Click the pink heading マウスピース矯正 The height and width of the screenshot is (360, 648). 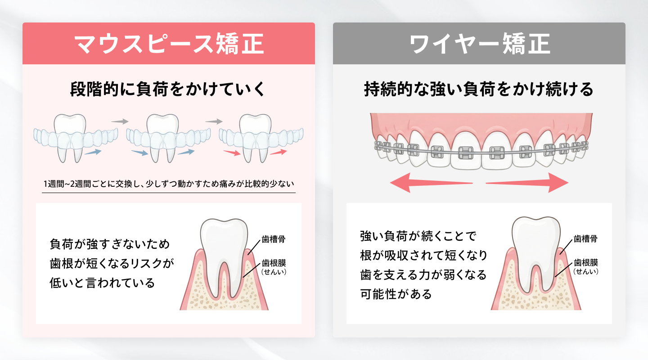click(168, 44)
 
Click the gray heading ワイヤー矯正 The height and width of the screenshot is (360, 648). click(479, 44)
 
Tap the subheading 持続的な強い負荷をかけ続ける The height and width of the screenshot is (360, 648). click(479, 89)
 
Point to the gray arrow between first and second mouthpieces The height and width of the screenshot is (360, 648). click(120, 121)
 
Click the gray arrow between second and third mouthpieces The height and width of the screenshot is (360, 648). click(214, 121)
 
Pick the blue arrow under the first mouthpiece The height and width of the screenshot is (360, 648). click(93, 153)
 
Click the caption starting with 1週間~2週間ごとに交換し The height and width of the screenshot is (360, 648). click(168, 184)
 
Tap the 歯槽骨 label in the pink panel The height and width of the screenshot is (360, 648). click(273, 239)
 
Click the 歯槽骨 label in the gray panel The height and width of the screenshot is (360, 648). click(585, 239)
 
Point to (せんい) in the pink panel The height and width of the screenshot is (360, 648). click(274, 272)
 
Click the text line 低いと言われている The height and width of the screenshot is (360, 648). click(102, 283)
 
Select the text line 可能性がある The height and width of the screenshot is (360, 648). click(396, 294)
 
